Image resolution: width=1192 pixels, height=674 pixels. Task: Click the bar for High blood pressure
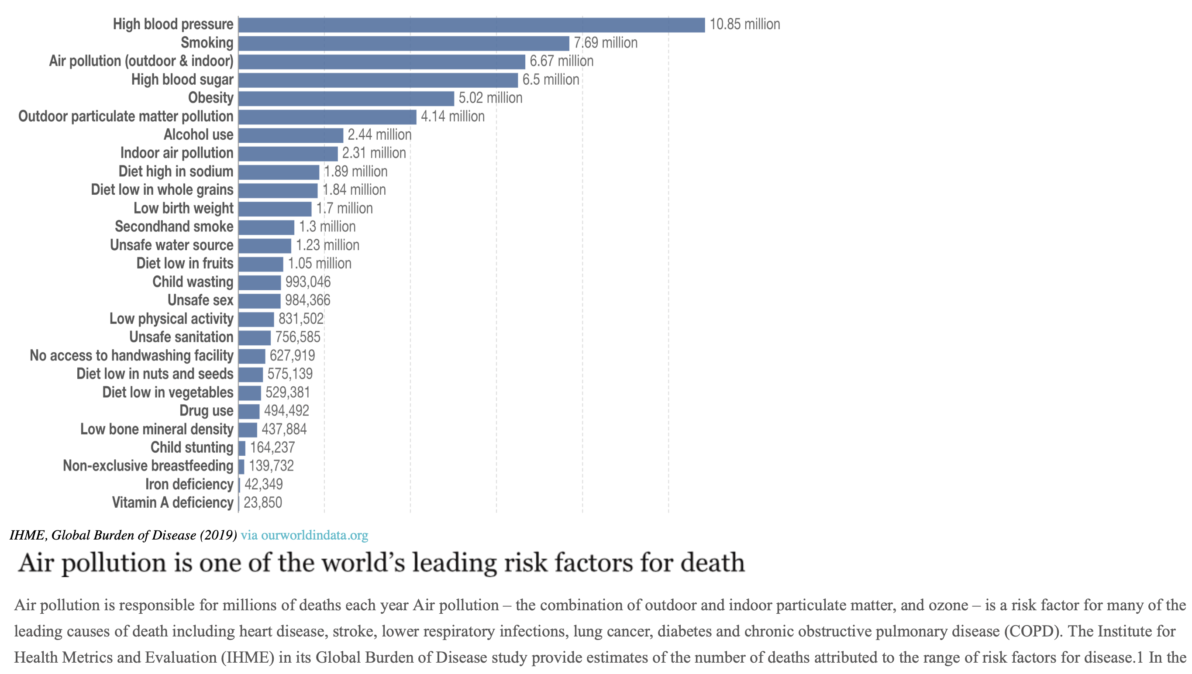click(471, 25)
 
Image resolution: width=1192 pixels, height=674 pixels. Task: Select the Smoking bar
click(403, 44)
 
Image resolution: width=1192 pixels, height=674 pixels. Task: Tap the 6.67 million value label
click(561, 61)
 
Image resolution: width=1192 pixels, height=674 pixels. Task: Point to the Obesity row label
click(210, 98)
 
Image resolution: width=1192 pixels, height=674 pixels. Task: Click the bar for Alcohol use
click(291, 135)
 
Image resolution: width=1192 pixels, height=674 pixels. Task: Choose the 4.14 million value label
click(452, 117)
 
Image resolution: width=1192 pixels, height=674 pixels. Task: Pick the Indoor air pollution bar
click(288, 154)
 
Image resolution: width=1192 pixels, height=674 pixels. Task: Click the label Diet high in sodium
click(176, 172)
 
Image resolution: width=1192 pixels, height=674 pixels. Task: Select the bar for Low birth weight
click(275, 209)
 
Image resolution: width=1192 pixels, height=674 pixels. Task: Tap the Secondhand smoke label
click(174, 227)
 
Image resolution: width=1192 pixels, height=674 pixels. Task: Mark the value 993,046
click(307, 282)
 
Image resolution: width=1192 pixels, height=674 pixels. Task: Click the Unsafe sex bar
click(259, 301)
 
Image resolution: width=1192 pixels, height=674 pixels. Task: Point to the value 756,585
click(297, 337)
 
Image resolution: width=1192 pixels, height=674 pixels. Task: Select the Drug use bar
click(249, 411)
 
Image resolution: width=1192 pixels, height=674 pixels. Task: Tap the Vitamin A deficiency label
click(172, 503)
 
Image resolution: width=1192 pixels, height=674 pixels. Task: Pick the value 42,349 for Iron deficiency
click(263, 484)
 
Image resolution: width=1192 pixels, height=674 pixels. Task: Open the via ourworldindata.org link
click(304, 535)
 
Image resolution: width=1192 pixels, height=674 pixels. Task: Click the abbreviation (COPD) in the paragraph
click(1033, 631)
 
